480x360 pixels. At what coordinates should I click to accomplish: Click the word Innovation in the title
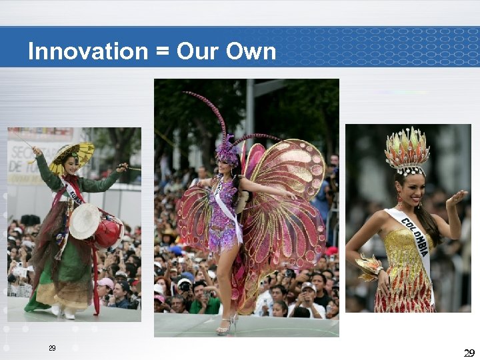point(87,51)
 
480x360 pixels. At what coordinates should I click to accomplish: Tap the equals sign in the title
point(162,52)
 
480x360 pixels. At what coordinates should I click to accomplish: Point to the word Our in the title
point(197,51)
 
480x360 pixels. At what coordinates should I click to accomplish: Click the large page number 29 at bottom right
point(469,352)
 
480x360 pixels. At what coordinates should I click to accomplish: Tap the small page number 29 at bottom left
point(52,349)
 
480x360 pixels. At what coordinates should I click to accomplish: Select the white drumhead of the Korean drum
point(85,221)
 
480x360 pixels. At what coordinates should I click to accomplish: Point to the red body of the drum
point(107,232)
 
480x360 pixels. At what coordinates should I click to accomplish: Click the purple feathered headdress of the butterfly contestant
point(228,153)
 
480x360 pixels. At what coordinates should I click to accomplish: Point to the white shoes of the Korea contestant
point(63,311)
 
